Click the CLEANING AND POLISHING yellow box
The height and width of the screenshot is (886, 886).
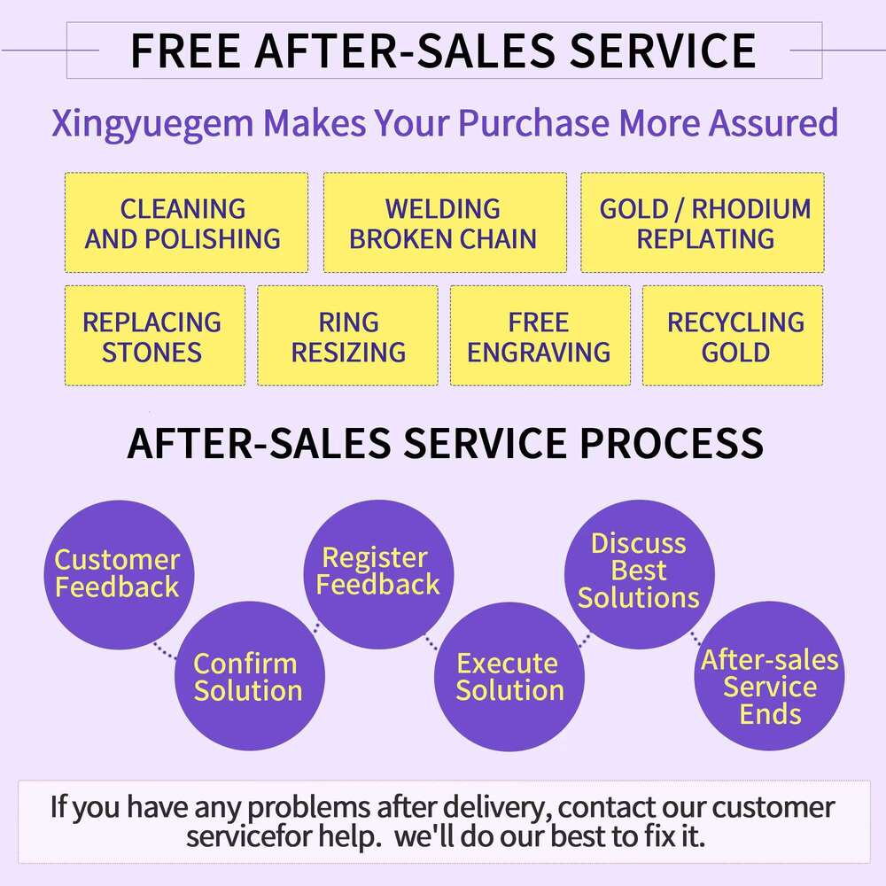pyautogui.click(x=186, y=222)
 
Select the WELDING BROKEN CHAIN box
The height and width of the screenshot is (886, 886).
pyautogui.click(x=444, y=222)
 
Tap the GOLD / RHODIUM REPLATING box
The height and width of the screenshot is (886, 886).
pyautogui.click(x=703, y=222)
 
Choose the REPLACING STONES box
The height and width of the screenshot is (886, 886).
pyautogui.click(x=155, y=336)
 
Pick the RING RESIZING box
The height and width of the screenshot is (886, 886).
pyautogui.click(x=347, y=336)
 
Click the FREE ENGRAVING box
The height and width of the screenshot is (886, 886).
pyautogui.click(x=540, y=336)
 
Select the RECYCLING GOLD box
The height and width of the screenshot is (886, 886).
pyautogui.click(x=733, y=336)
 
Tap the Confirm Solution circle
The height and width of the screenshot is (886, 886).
pyautogui.click(x=247, y=676)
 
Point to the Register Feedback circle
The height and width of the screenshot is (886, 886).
pyautogui.click(x=378, y=571)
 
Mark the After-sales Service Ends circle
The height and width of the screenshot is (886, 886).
pyautogui.click(x=769, y=687)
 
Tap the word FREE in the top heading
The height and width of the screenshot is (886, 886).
pyautogui.click(x=185, y=51)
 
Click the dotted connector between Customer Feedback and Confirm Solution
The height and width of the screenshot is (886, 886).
pyautogui.click(x=164, y=652)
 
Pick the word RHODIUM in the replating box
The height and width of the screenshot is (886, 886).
pyautogui.click(x=750, y=209)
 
